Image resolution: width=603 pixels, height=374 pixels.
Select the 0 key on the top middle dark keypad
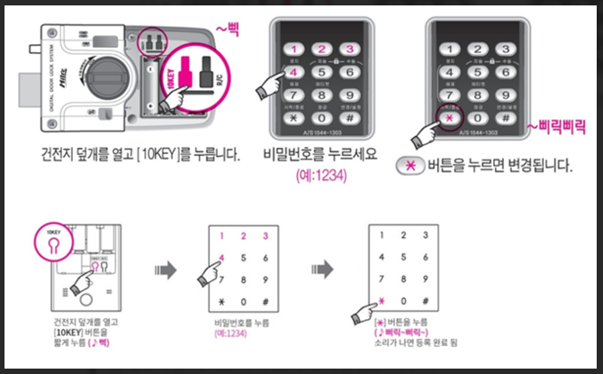tap(321, 116)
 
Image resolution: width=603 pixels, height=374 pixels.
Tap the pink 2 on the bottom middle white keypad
tap(244, 236)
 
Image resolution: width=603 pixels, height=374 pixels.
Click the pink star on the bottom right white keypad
tap(382, 300)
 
